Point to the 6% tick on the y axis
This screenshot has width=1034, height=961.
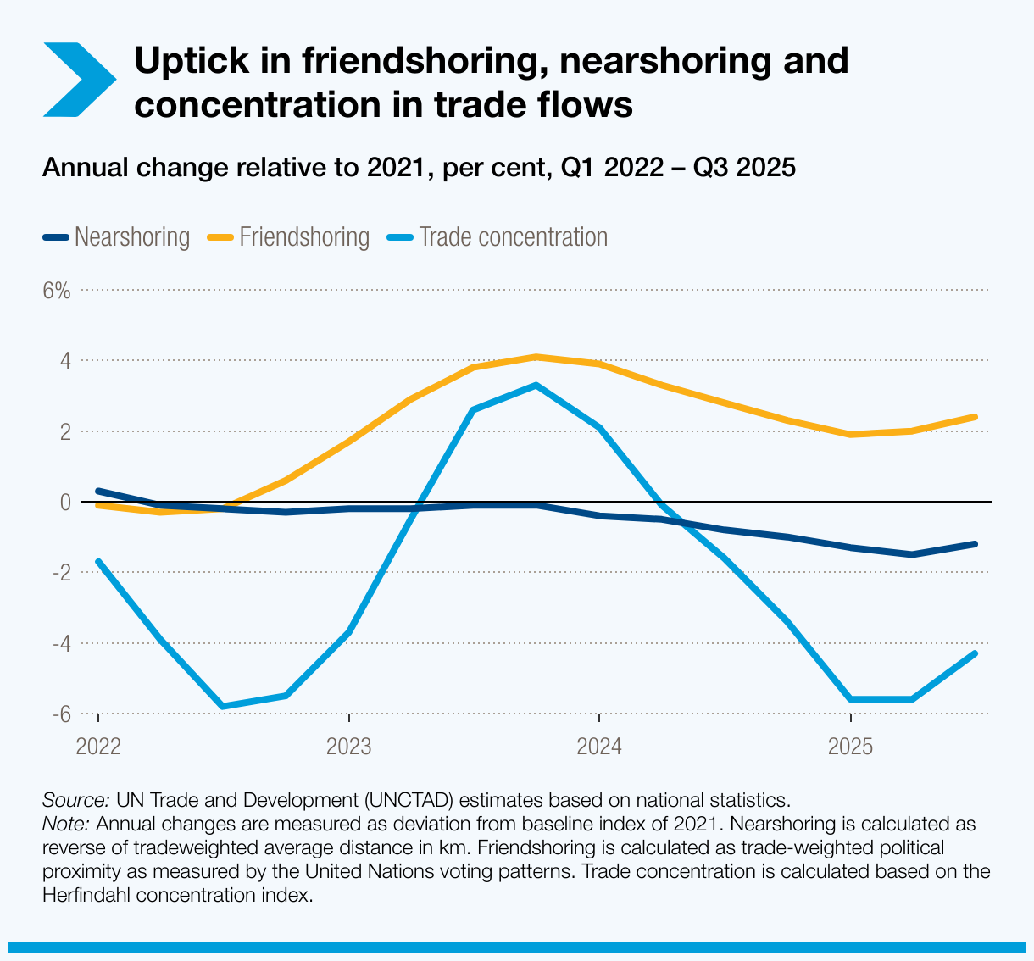(x=56, y=291)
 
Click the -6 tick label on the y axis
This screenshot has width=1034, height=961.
(x=59, y=714)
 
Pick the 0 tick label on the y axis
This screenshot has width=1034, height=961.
(x=64, y=503)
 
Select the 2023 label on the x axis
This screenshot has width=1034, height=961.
(x=348, y=747)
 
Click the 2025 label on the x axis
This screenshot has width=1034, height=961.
(x=850, y=747)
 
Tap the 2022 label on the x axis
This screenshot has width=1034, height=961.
(x=98, y=747)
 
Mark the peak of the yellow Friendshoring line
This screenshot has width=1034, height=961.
(x=536, y=357)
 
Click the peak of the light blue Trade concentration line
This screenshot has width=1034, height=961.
(x=536, y=386)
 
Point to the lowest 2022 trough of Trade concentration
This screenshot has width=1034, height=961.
(x=223, y=706)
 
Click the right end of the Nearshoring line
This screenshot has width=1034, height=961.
(x=975, y=544)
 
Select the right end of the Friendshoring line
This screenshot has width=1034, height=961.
(x=975, y=417)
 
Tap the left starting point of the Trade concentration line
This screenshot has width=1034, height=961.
(x=98, y=561)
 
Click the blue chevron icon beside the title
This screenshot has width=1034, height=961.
(x=78, y=79)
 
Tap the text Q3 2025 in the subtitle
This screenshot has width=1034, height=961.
(x=744, y=168)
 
